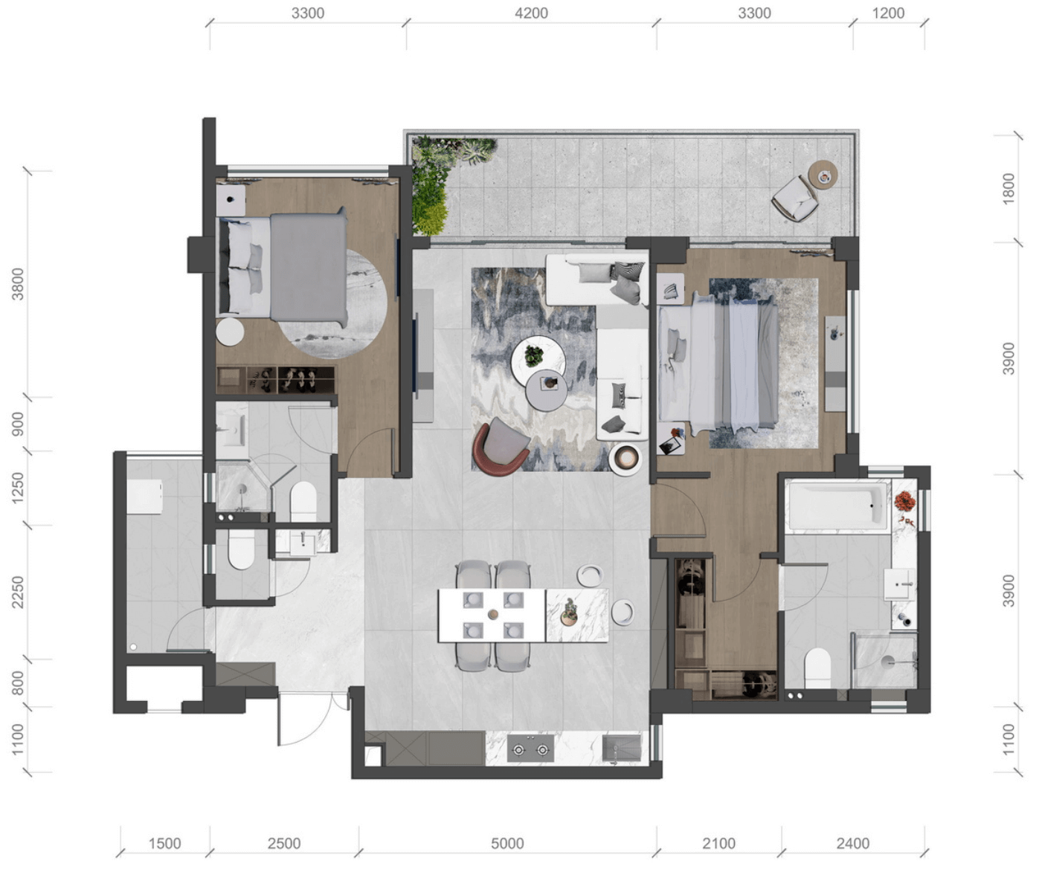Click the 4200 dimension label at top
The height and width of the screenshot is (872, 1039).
point(531,13)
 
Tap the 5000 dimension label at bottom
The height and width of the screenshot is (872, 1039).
point(507,844)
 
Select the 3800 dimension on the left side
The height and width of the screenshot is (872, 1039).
point(18,284)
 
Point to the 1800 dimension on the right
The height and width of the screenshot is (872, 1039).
point(1009,189)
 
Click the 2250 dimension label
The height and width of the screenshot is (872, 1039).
point(18,592)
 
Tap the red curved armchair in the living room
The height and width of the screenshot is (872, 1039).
point(501,448)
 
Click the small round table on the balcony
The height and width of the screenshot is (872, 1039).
point(823,175)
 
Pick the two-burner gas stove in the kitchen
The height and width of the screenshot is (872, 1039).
point(530,749)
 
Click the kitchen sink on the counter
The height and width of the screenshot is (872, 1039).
point(622,748)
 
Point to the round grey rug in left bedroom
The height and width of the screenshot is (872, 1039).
point(332,303)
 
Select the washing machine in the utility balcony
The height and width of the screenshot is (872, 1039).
point(145,496)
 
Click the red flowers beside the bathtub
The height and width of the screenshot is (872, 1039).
point(904,500)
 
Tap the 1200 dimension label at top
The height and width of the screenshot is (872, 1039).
point(888,13)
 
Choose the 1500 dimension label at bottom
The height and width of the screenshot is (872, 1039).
point(164,844)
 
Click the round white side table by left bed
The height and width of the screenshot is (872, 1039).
point(230,332)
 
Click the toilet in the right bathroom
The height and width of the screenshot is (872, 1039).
point(817,668)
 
